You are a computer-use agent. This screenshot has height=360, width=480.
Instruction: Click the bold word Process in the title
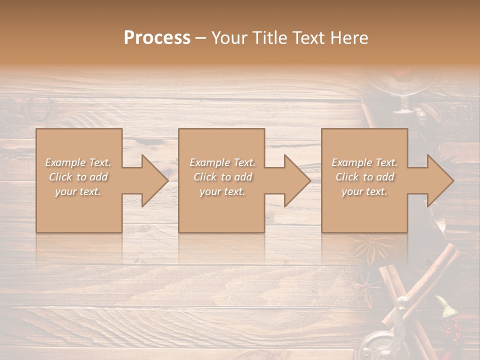157,38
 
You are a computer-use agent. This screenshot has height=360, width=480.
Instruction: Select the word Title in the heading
270,38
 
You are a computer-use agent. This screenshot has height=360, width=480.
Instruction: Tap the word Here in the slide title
350,38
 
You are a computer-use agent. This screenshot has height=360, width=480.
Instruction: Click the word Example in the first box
65,162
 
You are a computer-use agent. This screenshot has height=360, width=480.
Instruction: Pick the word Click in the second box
204,177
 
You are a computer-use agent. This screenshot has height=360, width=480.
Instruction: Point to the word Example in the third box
351,162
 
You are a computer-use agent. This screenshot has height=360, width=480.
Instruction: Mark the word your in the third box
352,191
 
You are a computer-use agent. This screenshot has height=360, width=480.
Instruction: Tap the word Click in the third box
346,177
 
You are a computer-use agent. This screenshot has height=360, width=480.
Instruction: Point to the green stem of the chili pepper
442,303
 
